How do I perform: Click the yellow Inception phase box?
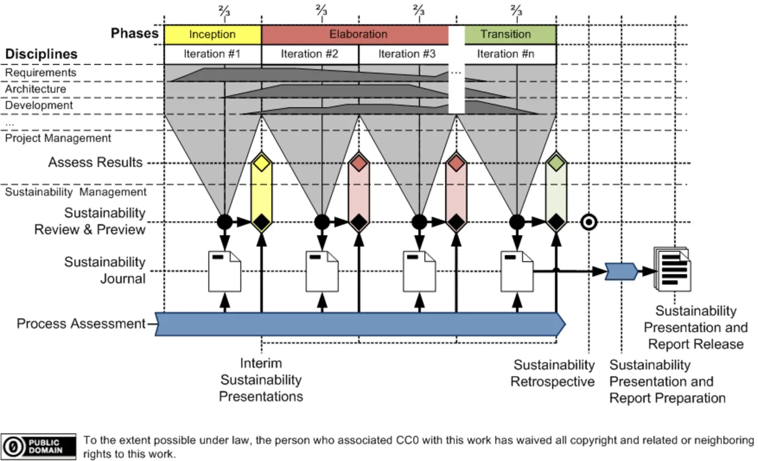tap(212, 35)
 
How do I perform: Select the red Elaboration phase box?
tap(358, 35)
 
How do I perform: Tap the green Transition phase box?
tap(506, 35)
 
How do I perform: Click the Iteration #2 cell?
tap(309, 54)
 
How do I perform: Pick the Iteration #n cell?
tap(505, 54)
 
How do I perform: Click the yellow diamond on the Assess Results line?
tap(262, 163)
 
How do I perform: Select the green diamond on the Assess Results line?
tap(556, 163)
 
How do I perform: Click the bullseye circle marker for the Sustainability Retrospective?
tap(589, 222)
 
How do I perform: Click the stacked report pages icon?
tap(673, 269)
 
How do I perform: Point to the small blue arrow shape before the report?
tap(621, 271)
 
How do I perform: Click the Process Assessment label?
tap(81, 324)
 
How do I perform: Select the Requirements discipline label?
tap(41, 72)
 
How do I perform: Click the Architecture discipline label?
tap(36, 89)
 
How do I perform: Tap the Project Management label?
tap(58, 138)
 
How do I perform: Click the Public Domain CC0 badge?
tap(38, 446)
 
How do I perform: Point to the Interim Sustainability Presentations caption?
tap(261, 380)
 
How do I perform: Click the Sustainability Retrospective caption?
tap(553, 373)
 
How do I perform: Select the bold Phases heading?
tap(135, 33)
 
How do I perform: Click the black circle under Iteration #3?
tap(419, 221)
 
